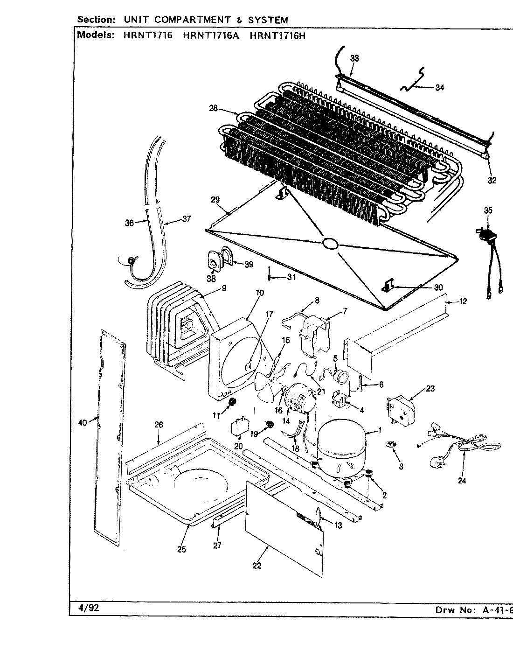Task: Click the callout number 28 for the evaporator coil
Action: pos(213,109)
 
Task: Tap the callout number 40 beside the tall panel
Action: pos(83,423)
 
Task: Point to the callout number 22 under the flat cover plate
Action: pos(257,566)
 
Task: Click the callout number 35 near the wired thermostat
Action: pos(488,210)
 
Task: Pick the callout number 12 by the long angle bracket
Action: pos(463,301)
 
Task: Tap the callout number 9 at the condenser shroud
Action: pos(224,288)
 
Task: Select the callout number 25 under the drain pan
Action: pos(181,549)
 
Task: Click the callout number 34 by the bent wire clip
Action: pos(439,87)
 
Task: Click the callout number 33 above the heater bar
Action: pos(355,58)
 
